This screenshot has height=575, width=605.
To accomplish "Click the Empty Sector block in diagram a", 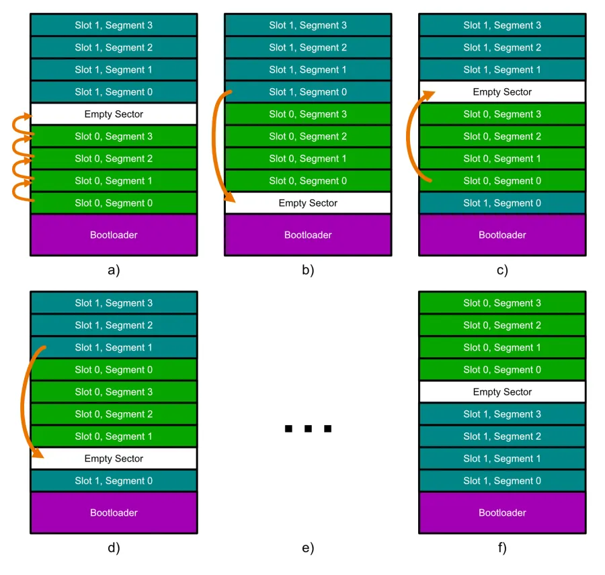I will click(x=114, y=114).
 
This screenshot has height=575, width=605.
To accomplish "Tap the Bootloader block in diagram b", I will click(x=308, y=235).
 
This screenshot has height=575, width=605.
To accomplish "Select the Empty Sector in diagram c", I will click(x=502, y=92).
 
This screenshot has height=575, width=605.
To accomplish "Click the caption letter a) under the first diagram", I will click(x=114, y=271).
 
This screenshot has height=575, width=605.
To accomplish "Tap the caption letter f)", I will click(x=502, y=548).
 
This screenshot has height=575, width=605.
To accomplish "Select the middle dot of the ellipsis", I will click(x=308, y=428).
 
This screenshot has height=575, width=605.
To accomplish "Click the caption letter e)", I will click(x=308, y=548).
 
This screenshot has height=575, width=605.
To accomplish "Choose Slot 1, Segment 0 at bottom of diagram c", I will click(x=502, y=203).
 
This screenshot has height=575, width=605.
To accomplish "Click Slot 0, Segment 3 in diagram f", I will click(x=502, y=303).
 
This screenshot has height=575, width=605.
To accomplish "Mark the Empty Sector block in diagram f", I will click(x=502, y=392).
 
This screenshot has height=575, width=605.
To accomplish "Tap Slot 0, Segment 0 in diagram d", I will click(x=114, y=370).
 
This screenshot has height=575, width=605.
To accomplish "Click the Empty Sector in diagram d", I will click(x=114, y=459).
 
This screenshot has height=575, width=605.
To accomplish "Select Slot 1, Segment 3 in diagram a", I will click(x=114, y=26).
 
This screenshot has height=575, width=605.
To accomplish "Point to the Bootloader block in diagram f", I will click(x=502, y=512).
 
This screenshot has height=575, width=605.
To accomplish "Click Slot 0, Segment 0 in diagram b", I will click(x=308, y=181).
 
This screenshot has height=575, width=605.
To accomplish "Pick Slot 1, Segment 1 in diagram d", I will click(x=114, y=348).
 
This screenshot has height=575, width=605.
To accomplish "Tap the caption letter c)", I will click(x=502, y=271).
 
